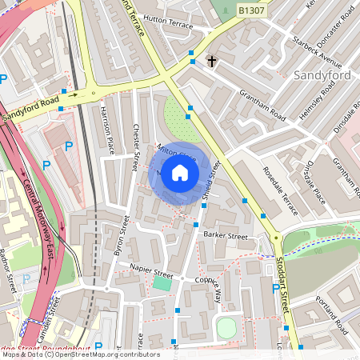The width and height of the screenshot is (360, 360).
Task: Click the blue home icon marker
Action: (180, 173)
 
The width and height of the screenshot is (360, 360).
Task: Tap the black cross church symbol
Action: (212, 60)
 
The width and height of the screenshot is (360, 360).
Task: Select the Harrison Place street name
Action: (106, 130)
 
